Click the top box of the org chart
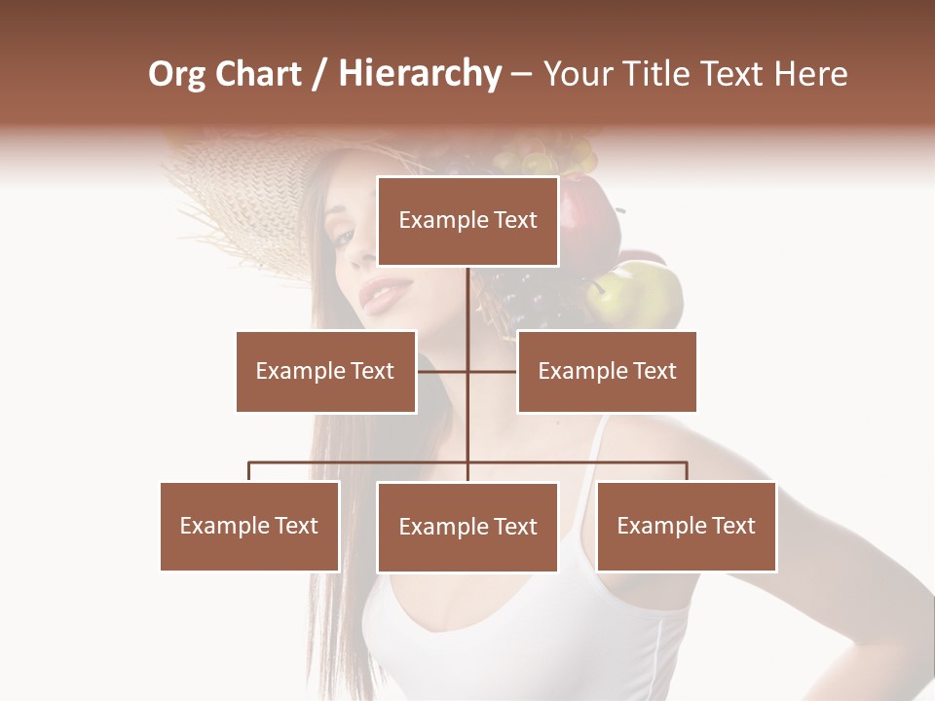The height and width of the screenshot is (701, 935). click(467, 221)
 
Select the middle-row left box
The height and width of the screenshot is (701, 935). click(325, 371)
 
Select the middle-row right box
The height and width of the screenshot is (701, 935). click(607, 371)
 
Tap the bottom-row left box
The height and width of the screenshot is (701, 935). click(249, 526)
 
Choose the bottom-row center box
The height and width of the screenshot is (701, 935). click(467, 527)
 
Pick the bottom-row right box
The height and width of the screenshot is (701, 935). click(686, 526)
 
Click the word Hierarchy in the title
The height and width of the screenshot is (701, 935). click(419, 74)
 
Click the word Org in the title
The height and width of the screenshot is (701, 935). click(177, 74)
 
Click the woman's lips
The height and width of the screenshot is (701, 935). click(385, 292)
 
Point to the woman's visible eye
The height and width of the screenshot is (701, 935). click(343, 236)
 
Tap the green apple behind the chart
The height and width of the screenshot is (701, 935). click(638, 294)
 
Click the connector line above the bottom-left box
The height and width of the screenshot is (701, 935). click(249, 471)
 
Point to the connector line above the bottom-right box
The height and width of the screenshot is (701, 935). click(687, 471)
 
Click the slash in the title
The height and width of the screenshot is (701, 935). click(318, 74)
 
